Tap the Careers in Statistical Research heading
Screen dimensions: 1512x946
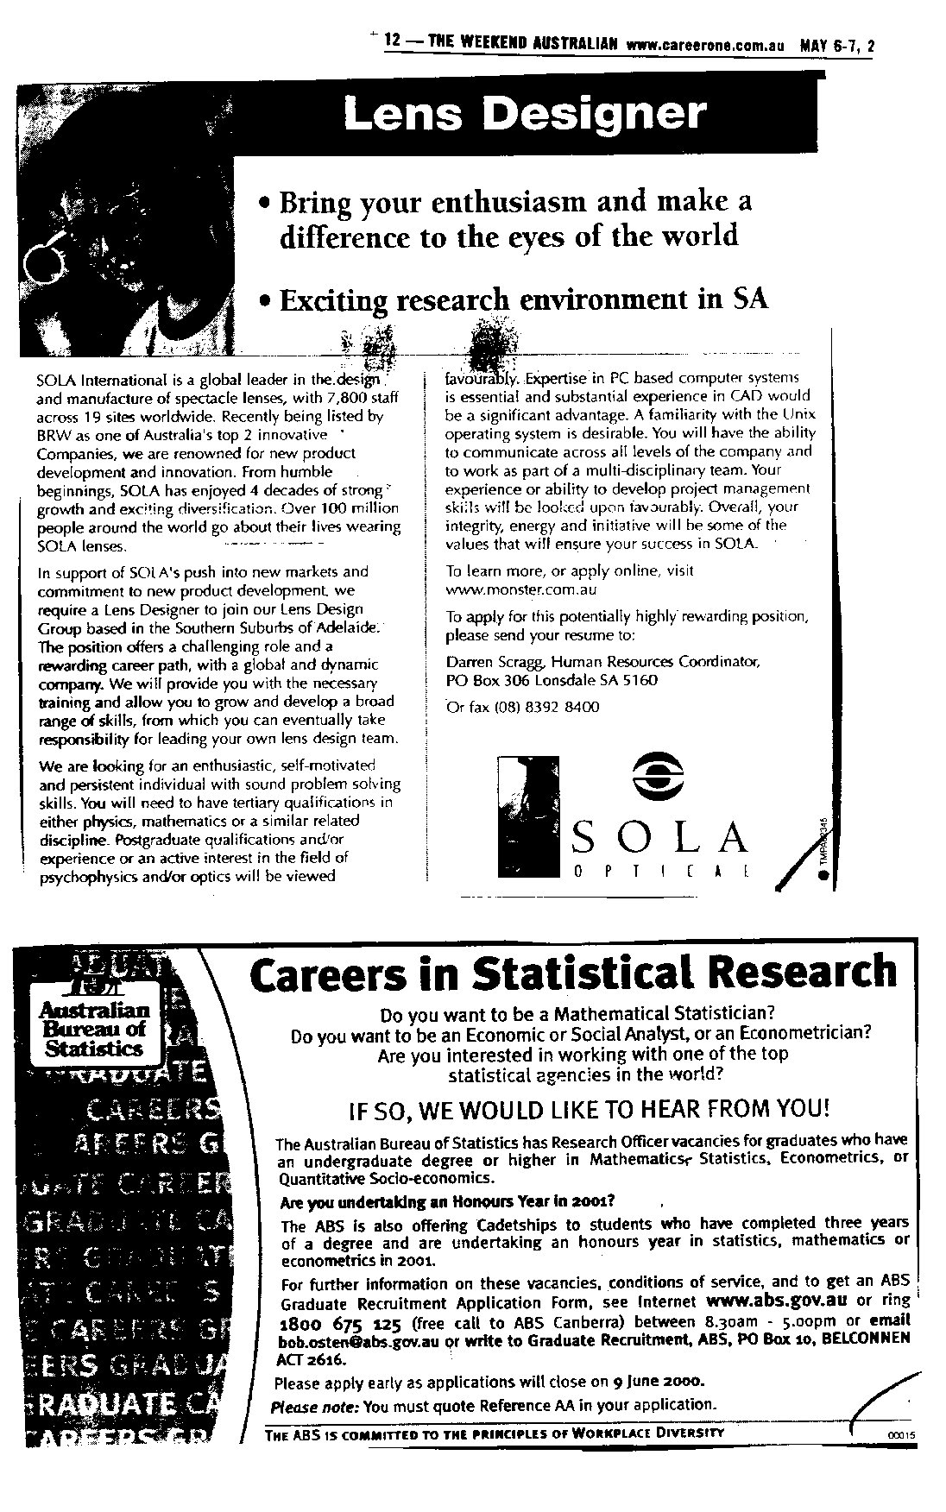573,973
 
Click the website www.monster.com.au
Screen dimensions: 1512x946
520,590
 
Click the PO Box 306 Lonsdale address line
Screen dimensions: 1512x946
551,680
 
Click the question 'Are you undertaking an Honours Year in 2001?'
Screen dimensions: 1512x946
447,1201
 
